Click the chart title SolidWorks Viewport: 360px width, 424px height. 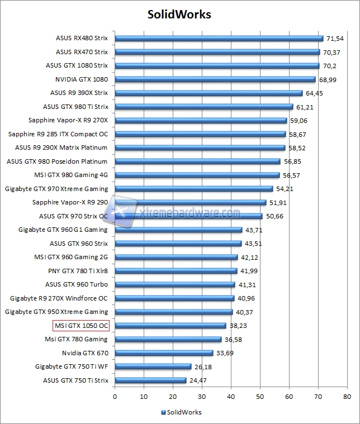coord(179,14)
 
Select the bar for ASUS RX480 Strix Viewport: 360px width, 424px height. coord(219,39)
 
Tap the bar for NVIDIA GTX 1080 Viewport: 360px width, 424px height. coord(215,79)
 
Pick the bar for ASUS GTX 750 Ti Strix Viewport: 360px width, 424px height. coord(150,380)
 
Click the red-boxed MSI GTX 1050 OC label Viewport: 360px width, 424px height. coord(81,326)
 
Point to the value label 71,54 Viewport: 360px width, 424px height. coord(335,39)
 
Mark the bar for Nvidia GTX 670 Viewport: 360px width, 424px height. coord(164,353)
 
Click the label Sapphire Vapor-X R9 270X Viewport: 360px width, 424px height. coord(68,120)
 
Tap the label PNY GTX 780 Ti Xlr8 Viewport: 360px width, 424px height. coord(78,271)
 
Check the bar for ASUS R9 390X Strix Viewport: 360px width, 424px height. coord(209,93)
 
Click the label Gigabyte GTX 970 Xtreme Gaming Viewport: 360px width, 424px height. coord(56,189)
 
